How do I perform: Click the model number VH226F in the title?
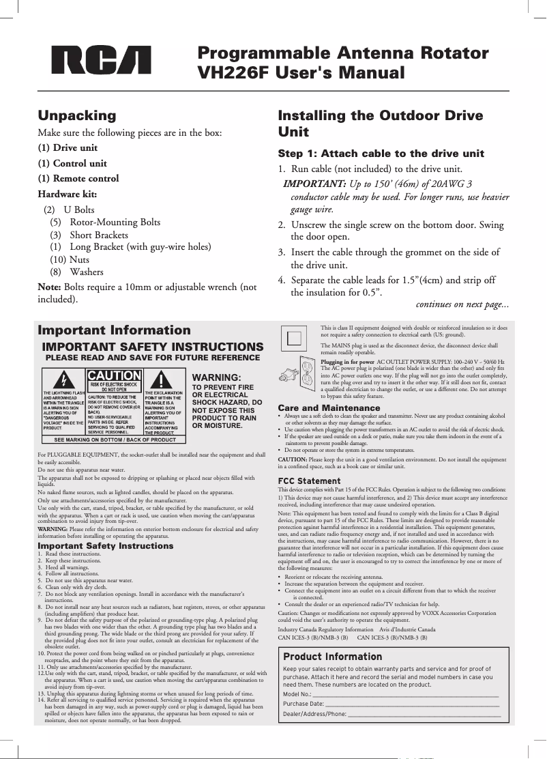coord(231,72)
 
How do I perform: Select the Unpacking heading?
coord(77,115)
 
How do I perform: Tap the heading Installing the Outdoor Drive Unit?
coord(381,124)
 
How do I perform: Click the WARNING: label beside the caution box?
coord(218,377)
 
